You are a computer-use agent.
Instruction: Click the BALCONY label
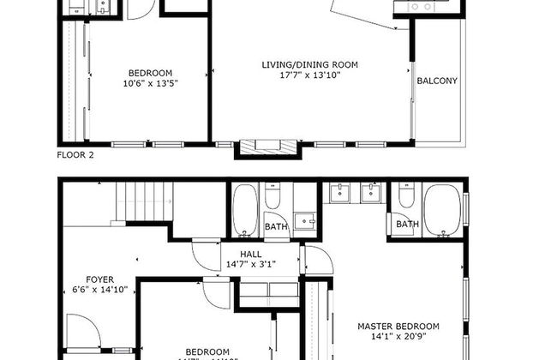pos(437,81)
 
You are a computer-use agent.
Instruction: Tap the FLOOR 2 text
pos(75,155)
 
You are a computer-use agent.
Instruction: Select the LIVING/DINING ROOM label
pos(309,64)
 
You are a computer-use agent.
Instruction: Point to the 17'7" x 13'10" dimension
pos(309,75)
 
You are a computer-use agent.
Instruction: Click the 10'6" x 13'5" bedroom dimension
pos(150,83)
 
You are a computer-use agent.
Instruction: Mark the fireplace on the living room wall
pos(270,147)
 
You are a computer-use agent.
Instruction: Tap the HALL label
pos(251,255)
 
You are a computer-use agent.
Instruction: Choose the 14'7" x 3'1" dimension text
pos(251,266)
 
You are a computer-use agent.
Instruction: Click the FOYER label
pos(99,279)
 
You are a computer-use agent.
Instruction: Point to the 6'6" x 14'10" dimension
pos(99,291)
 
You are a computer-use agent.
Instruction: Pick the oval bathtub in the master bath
pos(442,210)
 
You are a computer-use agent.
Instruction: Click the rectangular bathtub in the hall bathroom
pos(243,211)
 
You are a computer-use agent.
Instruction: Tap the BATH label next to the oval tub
pos(407,225)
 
